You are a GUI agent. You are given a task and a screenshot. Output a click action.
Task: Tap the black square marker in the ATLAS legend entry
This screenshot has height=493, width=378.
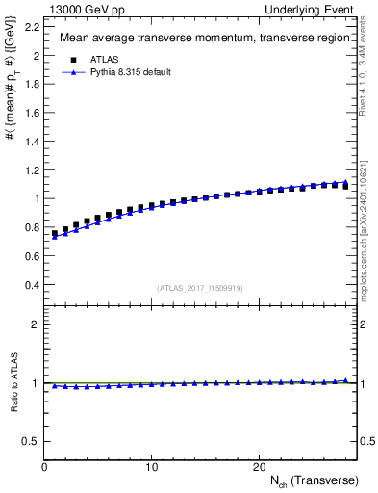click(x=71, y=59)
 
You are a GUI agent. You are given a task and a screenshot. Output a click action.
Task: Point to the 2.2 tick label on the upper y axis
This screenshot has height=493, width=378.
click(x=32, y=27)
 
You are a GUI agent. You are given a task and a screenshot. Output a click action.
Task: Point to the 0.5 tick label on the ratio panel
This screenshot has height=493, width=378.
click(x=32, y=441)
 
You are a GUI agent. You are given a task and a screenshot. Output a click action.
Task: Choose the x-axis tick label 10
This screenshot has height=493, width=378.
click(x=151, y=467)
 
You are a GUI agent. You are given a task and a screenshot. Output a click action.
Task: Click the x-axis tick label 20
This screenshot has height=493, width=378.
click(x=258, y=467)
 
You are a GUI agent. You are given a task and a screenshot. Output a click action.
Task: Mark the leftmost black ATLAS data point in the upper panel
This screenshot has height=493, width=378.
click(x=55, y=234)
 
